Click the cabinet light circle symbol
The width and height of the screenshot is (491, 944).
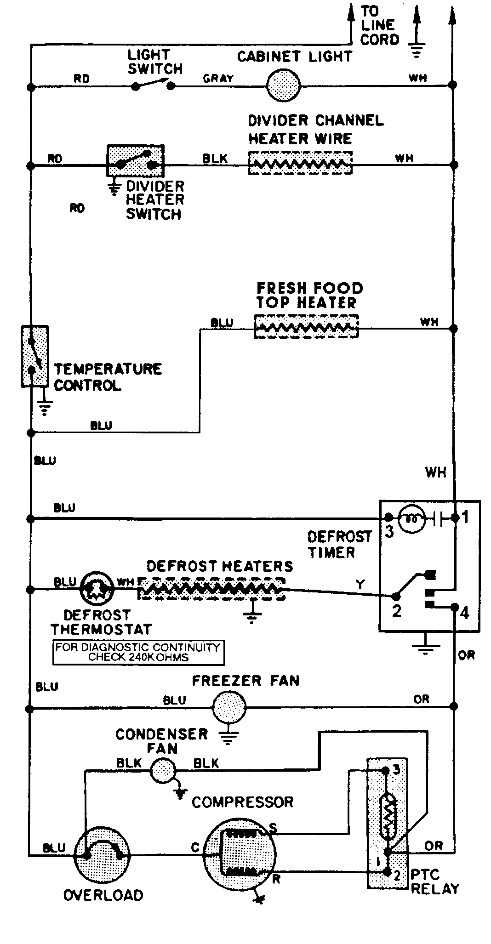point(283,85)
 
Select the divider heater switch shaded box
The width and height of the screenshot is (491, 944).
point(136,160)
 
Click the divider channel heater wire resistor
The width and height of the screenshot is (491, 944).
point(300,163)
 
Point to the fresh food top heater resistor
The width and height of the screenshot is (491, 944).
point(306,327)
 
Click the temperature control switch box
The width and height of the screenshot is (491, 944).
point(34,356)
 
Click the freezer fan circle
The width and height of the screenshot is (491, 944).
point(229,708)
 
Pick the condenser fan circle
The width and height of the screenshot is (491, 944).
point(163,770)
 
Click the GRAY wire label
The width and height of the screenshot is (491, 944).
point(218,79)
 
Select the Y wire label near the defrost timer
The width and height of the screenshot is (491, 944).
point(360,584)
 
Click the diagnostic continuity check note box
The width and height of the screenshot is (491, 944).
point(138,652)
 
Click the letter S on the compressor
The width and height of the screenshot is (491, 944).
point(273,828)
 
